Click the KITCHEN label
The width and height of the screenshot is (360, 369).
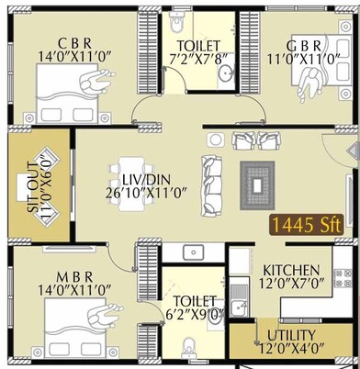[x=290, y=270]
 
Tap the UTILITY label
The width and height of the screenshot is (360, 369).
[x=291, y=334]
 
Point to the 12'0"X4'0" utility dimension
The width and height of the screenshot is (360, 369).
[x=291, y=350]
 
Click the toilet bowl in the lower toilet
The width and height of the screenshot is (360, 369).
[x=190, y=345]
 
